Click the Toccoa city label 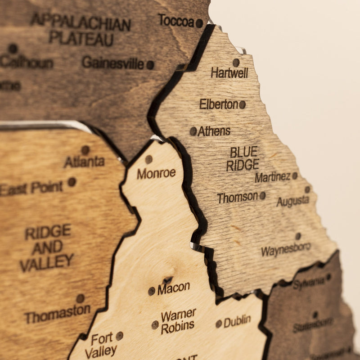tap(176, 20)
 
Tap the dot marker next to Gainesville tap(150, 65)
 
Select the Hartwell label tap(229, 73)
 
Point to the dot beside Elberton tap(243, 104)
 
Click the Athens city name tap(214, 131)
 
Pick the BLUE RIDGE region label tap(243, 158)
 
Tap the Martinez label tap(273, 177)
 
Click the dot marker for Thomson tap(262, 196)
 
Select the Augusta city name tap(293, 201)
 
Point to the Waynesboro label tap(286, 249)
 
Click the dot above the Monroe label tap(149, 159)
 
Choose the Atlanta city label tap(84, 162)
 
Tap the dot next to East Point tap(72, 182)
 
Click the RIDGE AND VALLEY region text tap(47, 247)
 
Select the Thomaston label tap(57, 314)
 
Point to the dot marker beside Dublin tap(219, 324)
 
